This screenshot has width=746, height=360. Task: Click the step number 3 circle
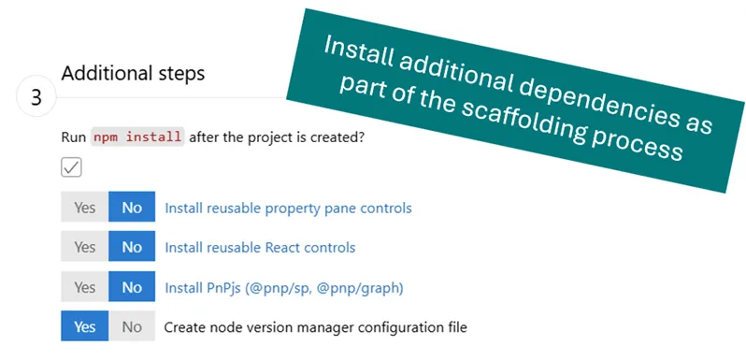[36, 98]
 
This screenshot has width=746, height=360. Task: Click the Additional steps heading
[133, 72]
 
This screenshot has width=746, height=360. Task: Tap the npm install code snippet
[137, 137]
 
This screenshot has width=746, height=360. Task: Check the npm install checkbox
[71, 166]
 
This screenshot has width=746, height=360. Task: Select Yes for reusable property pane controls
[85, 208]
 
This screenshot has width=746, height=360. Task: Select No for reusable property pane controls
[132, 208]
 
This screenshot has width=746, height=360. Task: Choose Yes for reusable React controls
[85, 248]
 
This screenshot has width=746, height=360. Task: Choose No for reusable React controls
[132, 248]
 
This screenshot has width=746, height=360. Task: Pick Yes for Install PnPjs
[85, 287]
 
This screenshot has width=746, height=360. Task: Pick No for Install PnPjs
[132, 287]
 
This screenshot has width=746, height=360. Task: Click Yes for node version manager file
[85, 327]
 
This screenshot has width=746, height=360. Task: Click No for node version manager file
[132, 327]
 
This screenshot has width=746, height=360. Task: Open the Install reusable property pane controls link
[288, 208]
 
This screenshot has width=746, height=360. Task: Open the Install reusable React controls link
[260, 248]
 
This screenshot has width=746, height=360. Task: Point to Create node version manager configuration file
[315, 327]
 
